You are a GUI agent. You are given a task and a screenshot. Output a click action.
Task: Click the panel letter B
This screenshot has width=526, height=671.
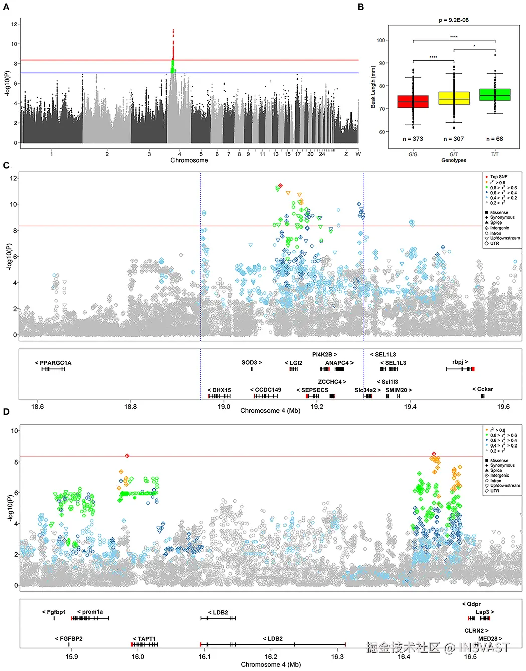(x=361, y=7)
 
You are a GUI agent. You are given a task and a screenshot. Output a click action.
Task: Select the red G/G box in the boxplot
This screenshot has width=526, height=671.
(x=413, y=102)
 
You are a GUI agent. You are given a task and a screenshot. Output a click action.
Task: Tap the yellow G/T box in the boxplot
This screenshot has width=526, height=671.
(x=454, y=98)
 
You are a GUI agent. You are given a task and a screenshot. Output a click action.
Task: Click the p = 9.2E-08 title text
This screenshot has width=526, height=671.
(x=454, y=20)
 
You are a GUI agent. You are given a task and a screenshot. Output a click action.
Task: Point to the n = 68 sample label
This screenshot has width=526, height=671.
(x=495, y=139)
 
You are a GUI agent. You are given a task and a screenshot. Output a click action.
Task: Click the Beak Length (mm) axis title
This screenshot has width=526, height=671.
(x=373, y=87)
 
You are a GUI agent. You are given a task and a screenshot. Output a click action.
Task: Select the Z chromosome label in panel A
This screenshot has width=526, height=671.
(x=346, y=154)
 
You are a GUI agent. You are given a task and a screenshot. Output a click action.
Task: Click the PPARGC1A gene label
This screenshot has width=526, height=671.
(x=53, y=363)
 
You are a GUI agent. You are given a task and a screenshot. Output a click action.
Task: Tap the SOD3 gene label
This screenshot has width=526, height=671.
(x=251, y=362)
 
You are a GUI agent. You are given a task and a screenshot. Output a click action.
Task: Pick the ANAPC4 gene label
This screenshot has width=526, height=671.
(x=339, y=363)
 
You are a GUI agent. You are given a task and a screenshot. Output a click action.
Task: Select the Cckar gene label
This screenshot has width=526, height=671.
(x=483, y=389)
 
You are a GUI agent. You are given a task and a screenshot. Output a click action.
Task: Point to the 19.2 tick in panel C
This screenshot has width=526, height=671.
(x=317, y=407)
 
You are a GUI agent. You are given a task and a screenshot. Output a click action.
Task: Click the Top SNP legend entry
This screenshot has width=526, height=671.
(x=498, y=177)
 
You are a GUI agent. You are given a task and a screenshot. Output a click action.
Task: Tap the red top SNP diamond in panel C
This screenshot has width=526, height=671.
(x=280, y=186)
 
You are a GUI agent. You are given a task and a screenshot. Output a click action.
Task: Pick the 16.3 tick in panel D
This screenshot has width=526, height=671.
(x=337, y=657)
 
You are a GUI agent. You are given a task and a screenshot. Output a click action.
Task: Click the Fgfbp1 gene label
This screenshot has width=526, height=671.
(x=54, y=612)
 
